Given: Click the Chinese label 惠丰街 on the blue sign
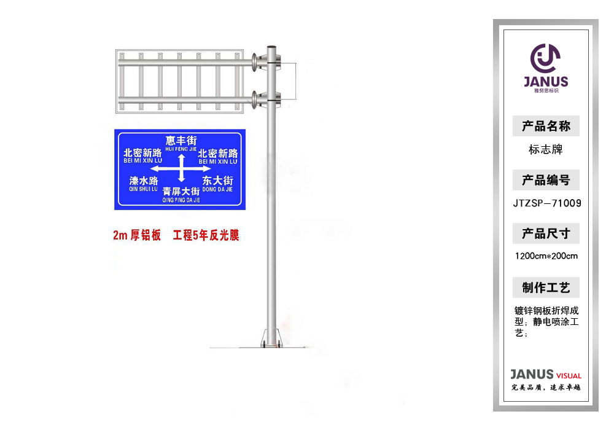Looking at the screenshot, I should (x=181, y=141).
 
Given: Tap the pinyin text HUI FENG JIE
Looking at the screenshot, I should (x=181, y=149).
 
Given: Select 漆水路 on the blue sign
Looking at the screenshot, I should (x=143, y=181).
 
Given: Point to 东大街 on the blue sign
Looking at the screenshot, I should (x=217, y=181).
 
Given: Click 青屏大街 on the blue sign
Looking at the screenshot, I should (x=181, y=192).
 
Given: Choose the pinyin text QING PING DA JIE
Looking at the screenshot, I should (x=181, y=200).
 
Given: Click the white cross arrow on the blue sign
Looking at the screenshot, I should (x=181, y=168).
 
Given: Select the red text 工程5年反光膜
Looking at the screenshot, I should (x=206, y=235).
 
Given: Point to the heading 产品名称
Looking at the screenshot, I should (x=546, y=127).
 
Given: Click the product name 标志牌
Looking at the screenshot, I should (x=546, y=149).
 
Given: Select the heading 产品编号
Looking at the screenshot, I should (x=546, y=180).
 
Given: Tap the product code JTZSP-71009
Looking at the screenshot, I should (x=546, y=203).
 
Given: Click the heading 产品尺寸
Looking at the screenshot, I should (x=546, y=233).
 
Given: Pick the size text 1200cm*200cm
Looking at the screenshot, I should (x=546, y=256).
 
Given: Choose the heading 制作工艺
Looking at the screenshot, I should (x=546, y=287).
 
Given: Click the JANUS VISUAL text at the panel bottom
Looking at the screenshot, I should (x=546, y=375).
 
